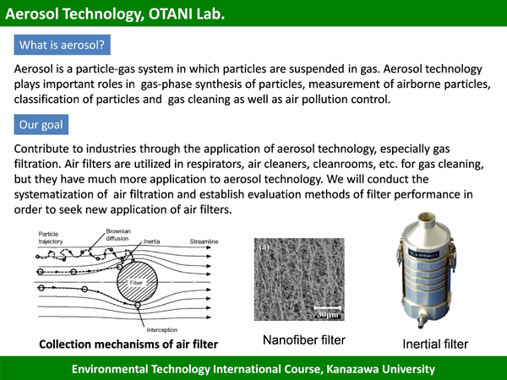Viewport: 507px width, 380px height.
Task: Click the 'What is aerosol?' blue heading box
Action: click(62, 45)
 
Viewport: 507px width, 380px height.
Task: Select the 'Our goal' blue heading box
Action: click(41, 124)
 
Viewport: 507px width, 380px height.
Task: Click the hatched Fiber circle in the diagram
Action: click(137, 282)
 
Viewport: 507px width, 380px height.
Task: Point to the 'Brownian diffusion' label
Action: click(118, 235)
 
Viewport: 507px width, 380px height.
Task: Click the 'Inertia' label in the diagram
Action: click(151, 242)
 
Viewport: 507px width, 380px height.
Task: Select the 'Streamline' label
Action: click(204, 242)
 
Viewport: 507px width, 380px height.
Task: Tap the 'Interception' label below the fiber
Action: click(162, 330)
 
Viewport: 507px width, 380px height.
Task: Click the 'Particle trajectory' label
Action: click(51, 237)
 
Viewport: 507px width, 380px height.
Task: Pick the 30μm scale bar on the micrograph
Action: click(328, 307)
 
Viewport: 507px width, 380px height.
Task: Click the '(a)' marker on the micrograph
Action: click(264, 247)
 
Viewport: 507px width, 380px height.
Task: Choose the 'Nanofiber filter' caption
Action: click(304, 340)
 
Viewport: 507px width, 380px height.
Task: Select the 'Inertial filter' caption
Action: click(435, 345)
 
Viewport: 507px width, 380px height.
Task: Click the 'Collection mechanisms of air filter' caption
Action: click(128, 345)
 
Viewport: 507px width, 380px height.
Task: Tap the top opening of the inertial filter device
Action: click(426, 216)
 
